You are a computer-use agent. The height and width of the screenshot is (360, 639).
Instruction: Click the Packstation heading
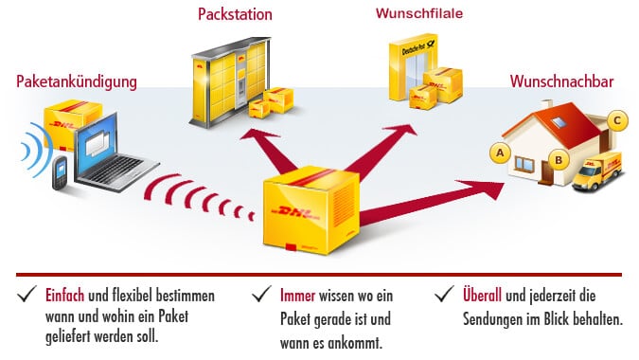[235, 14]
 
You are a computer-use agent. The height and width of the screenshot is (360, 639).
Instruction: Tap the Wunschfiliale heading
[413, 14]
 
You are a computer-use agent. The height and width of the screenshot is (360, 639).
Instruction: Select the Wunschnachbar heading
[562, 82]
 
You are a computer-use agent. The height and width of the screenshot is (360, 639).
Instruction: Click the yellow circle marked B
[559, 159]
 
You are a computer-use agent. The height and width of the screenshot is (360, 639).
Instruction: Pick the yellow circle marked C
[616, 120]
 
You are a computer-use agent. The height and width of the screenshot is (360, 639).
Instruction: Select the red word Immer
[299, 295]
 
